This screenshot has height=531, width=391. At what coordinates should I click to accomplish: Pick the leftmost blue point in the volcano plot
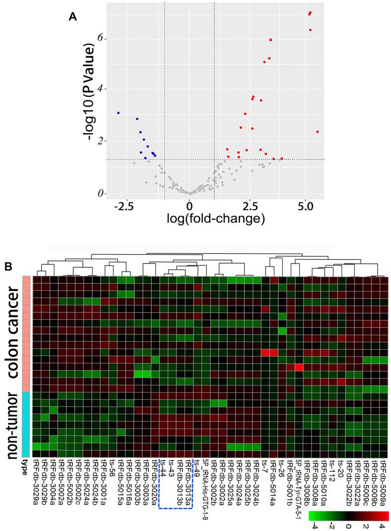118,113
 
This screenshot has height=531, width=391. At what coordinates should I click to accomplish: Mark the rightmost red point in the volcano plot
317,132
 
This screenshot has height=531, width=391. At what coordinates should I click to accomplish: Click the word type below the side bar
24,467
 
